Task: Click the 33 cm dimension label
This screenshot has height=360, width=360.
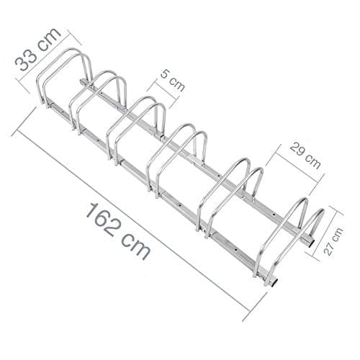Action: (37, 49)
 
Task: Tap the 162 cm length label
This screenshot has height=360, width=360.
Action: (118, 231)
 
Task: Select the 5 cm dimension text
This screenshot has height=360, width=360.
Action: (173, 81)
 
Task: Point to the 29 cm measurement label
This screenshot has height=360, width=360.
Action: (305, 156)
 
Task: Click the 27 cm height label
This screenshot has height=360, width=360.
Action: (333, 241)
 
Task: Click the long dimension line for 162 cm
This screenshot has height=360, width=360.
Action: (140, 216)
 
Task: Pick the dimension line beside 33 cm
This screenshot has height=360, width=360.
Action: (49, 61)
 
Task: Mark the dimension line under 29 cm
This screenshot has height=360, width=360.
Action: (295, 171)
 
